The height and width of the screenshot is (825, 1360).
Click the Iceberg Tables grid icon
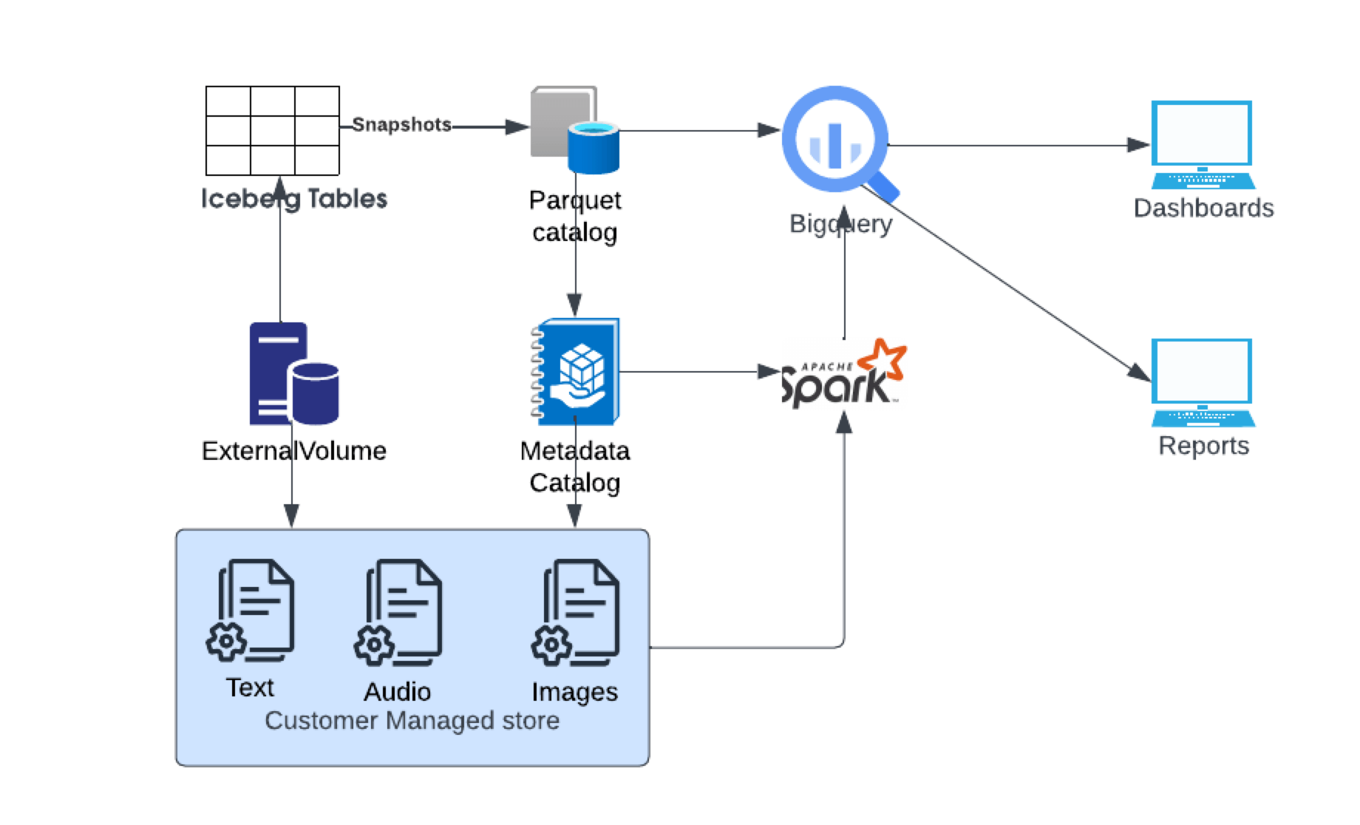[x=272, y=130]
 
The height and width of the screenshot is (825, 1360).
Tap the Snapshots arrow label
[x=401, y=125]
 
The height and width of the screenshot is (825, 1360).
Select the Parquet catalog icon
[x=574, y=130]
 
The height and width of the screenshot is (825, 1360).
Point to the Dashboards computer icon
[x=1203, y=144]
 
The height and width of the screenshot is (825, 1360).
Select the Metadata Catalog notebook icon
[x=576, y=372]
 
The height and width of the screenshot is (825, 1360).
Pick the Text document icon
[x=251, y=610]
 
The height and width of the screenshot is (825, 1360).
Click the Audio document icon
[x=399, y=610]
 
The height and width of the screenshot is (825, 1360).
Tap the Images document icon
[x=577, y=610]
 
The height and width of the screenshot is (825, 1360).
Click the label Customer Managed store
[x=412, y=721]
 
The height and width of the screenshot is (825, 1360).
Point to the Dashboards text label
[x=1203, y=208]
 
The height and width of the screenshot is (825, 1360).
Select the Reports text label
[x=1203, y=446]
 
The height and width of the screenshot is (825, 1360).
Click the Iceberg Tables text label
[x=293, y=199]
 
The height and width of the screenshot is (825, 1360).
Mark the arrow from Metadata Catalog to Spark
[x=695, y=371]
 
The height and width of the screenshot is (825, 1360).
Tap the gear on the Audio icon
[x=374, y=645]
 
